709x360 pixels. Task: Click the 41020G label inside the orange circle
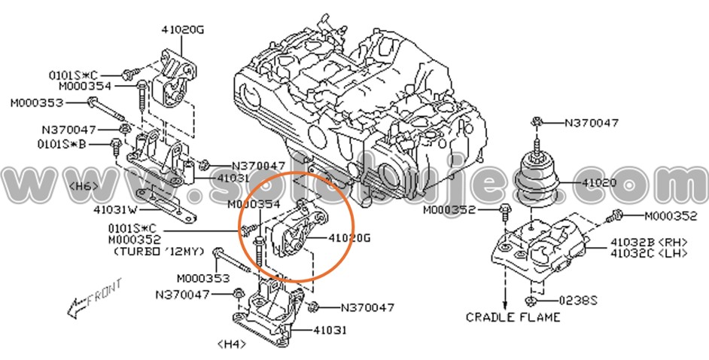click(350, 238)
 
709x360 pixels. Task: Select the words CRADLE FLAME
click(513, 317)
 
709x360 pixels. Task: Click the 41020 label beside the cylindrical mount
click(599, 182)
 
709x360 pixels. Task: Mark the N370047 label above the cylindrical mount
click(592, 122)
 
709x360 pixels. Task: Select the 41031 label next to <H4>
click(329, 330)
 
